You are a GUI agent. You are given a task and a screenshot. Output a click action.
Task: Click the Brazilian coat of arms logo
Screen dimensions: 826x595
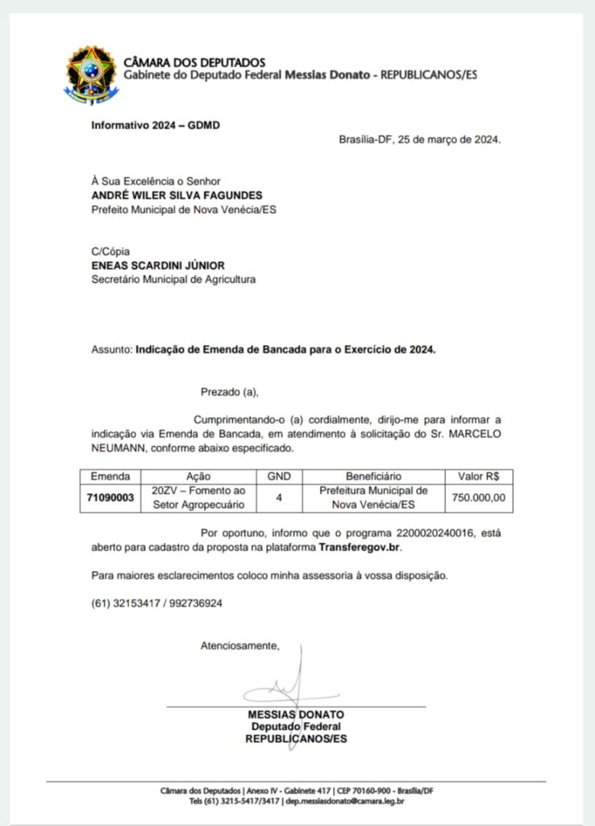tap(91, 74)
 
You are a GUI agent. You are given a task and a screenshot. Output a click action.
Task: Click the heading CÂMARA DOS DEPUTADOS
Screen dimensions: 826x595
tap(193, 62)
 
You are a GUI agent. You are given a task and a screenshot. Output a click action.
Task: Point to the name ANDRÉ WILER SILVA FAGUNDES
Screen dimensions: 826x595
tap(177, 195)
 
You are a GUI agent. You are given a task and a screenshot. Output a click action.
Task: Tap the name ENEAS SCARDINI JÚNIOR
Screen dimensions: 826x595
tap(158, 265)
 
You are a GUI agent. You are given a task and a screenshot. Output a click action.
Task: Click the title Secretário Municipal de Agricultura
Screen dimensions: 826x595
tap(173, 279)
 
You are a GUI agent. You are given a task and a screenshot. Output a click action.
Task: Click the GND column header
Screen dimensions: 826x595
tap(279, 477)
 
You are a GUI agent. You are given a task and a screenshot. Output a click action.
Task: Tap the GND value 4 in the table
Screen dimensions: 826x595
tap(279, 498)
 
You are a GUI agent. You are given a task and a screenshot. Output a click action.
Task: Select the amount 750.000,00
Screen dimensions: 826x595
tap(479, 498)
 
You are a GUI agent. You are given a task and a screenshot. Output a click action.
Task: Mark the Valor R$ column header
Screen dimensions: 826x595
tap(479, 477)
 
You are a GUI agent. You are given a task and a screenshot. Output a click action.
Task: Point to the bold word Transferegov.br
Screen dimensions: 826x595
tap(360, 547)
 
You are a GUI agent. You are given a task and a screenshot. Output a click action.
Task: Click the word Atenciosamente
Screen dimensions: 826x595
tap(239, 645)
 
